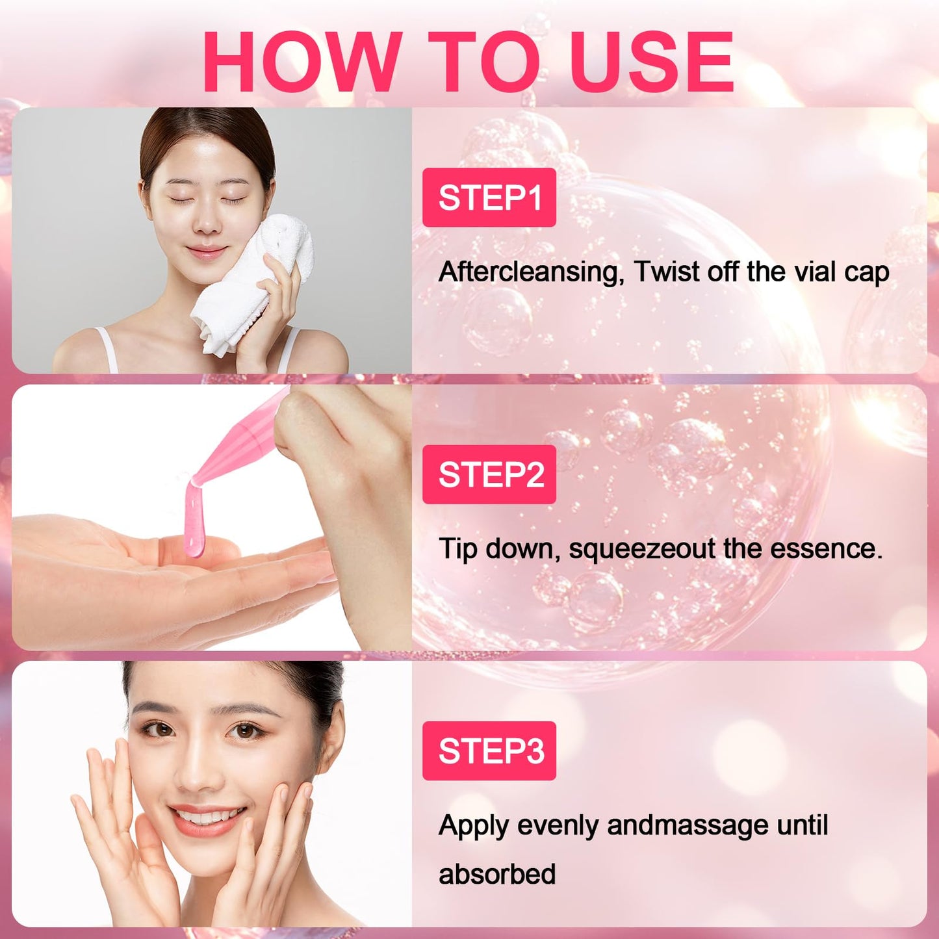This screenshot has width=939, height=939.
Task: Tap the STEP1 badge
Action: tap(489, 198)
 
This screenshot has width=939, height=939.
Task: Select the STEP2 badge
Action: tap(489, 474)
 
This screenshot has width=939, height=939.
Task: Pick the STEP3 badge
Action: tap(489, 751)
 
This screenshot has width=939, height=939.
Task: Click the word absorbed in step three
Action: tap(497, 874)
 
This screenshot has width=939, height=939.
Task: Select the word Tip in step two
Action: tap(457, 549)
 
